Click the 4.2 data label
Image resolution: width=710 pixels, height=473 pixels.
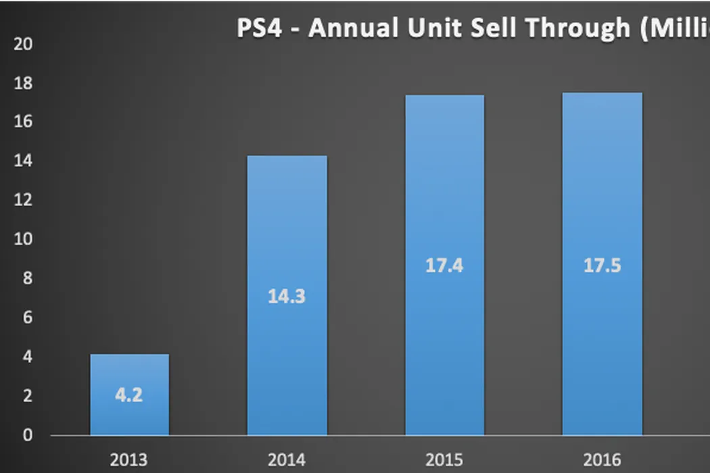pos(128,395)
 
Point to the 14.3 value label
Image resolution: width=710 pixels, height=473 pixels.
pos(287,296)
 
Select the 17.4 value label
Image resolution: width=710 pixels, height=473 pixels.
pos(444,266)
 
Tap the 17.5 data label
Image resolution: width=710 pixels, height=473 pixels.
pos(602,266)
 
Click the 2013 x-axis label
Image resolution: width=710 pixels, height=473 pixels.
pos(129,461)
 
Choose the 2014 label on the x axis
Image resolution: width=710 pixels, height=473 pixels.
pos(287,461)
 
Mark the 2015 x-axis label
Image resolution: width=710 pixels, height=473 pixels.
pos(444,461)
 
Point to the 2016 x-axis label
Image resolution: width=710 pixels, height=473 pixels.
pos(602,461)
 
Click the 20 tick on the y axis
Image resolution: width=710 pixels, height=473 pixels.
pos(23,44)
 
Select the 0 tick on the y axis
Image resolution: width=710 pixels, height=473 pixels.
pos(26,435)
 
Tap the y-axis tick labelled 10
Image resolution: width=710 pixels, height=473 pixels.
pos(23,240)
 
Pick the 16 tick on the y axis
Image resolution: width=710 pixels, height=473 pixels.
pos(23,122)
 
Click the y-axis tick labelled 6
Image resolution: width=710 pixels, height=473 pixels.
pos(26,318)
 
